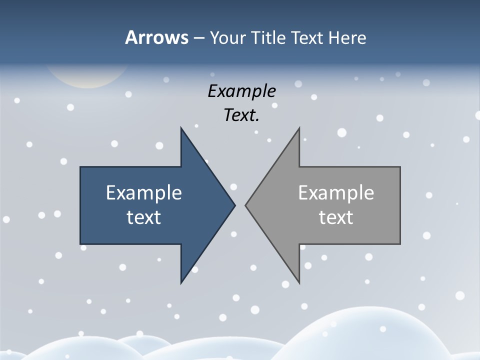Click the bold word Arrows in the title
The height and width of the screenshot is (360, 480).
point(156,37)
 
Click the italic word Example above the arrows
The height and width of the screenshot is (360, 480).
point(242,91)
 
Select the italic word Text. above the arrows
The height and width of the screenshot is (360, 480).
point(242,115)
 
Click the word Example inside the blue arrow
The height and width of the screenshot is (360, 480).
point(144,192)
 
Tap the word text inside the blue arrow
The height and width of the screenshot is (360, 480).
point(144,217)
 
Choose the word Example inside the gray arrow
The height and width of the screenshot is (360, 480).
point(336,192)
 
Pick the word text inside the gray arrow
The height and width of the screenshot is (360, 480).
point(336,217)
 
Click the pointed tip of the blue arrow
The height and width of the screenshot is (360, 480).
point(234,205)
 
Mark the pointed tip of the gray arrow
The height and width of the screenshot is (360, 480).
point(246,205)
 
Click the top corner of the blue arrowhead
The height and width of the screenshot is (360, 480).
point(181,128)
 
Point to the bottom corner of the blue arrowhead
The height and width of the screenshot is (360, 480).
point(181,283)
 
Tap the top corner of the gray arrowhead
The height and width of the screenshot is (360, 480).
point(299,128)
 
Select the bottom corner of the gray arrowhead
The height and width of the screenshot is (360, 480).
point(299,283)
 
